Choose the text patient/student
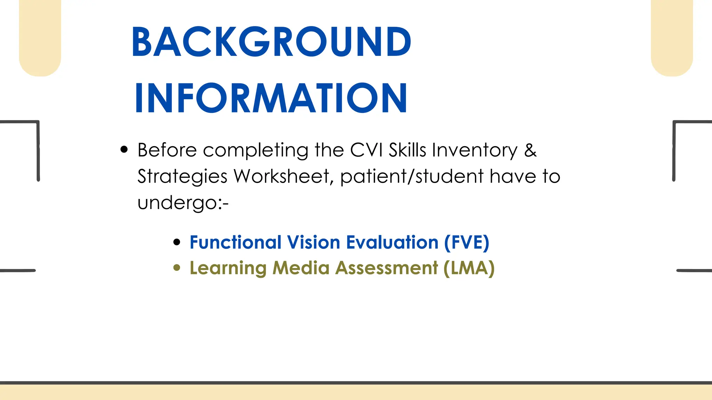[x=412, y=176]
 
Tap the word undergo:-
[x=183, y=203]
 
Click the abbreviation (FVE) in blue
[x=467, y=242]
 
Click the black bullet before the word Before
[x=124, y=150]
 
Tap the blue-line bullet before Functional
[x=177, y=242]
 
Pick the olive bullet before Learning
[x=177, y=268]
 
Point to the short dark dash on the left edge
[x=17, y=270]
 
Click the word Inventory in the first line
[x=475, y=151]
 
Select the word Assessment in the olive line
[x=386, y=268]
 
